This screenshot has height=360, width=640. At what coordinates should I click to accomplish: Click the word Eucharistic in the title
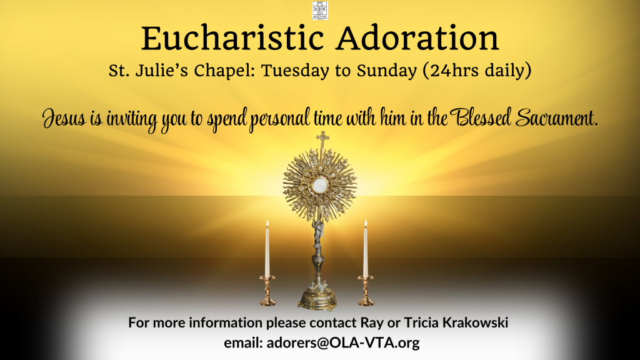click(232, 38)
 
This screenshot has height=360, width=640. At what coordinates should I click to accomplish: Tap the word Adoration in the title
click(418, 38)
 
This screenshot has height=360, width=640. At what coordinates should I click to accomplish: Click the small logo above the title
click(320, 10)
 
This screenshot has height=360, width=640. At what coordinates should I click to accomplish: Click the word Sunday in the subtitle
click(386, 71)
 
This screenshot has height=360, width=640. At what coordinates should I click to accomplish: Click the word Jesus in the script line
click(64, 119)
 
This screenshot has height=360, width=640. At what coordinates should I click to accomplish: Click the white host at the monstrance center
click(319, 186)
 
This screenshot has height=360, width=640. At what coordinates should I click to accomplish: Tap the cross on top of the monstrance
click(323, 139)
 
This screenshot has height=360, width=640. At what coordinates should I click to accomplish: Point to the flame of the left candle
click(267, 224)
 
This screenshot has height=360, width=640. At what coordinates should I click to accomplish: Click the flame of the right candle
click(366, 224)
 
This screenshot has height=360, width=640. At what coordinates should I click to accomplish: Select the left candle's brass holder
click(267, 291)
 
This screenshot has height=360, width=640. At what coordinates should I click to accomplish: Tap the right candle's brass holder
click(366, 291)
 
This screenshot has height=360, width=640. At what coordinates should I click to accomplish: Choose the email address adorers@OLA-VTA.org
click(343, 342)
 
